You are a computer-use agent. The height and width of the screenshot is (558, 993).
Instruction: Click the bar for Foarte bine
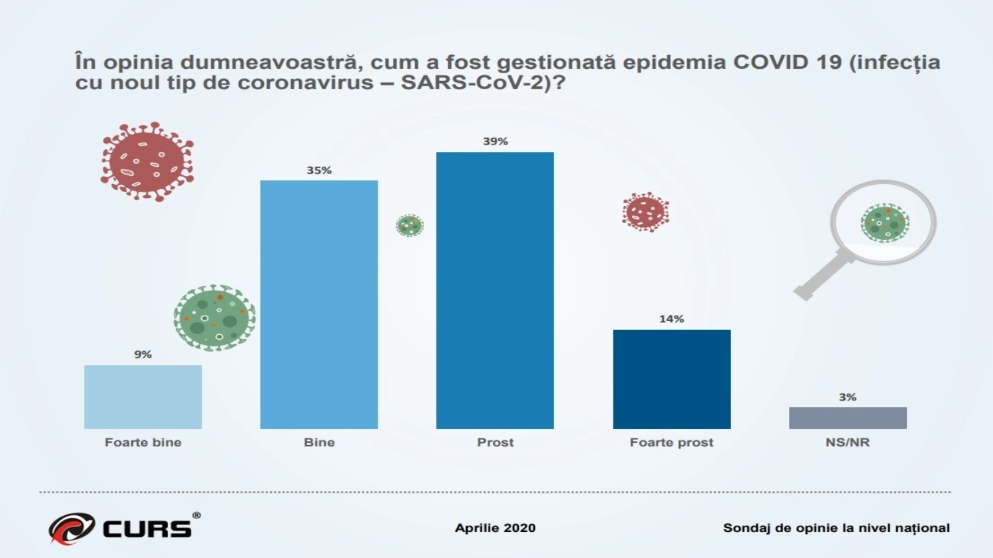143,397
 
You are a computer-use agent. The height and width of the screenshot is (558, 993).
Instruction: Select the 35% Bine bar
318,304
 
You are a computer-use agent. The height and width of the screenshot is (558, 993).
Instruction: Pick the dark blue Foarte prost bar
672,379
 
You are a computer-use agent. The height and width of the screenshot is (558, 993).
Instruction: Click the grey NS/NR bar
847,418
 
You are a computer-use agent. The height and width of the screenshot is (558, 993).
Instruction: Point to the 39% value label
495,141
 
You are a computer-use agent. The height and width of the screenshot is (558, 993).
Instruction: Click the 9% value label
143,355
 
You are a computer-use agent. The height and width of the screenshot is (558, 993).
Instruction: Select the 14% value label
672,319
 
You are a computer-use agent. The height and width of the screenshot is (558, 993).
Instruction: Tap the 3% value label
847,397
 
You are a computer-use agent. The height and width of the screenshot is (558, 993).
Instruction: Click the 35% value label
319,170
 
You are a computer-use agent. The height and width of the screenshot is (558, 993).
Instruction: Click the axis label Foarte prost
672,442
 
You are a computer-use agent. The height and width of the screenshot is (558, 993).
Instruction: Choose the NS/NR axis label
847,442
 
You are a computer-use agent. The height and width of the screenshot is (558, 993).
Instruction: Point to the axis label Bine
319,442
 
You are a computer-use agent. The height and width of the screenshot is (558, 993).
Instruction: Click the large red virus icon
147,161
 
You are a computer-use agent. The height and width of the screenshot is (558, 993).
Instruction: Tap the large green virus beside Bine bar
214,317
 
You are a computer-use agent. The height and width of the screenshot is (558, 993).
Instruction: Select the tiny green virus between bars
410,225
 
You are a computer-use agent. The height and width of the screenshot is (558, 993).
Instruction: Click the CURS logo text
147,528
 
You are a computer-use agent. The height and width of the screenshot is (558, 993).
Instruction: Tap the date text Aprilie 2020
495,528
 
